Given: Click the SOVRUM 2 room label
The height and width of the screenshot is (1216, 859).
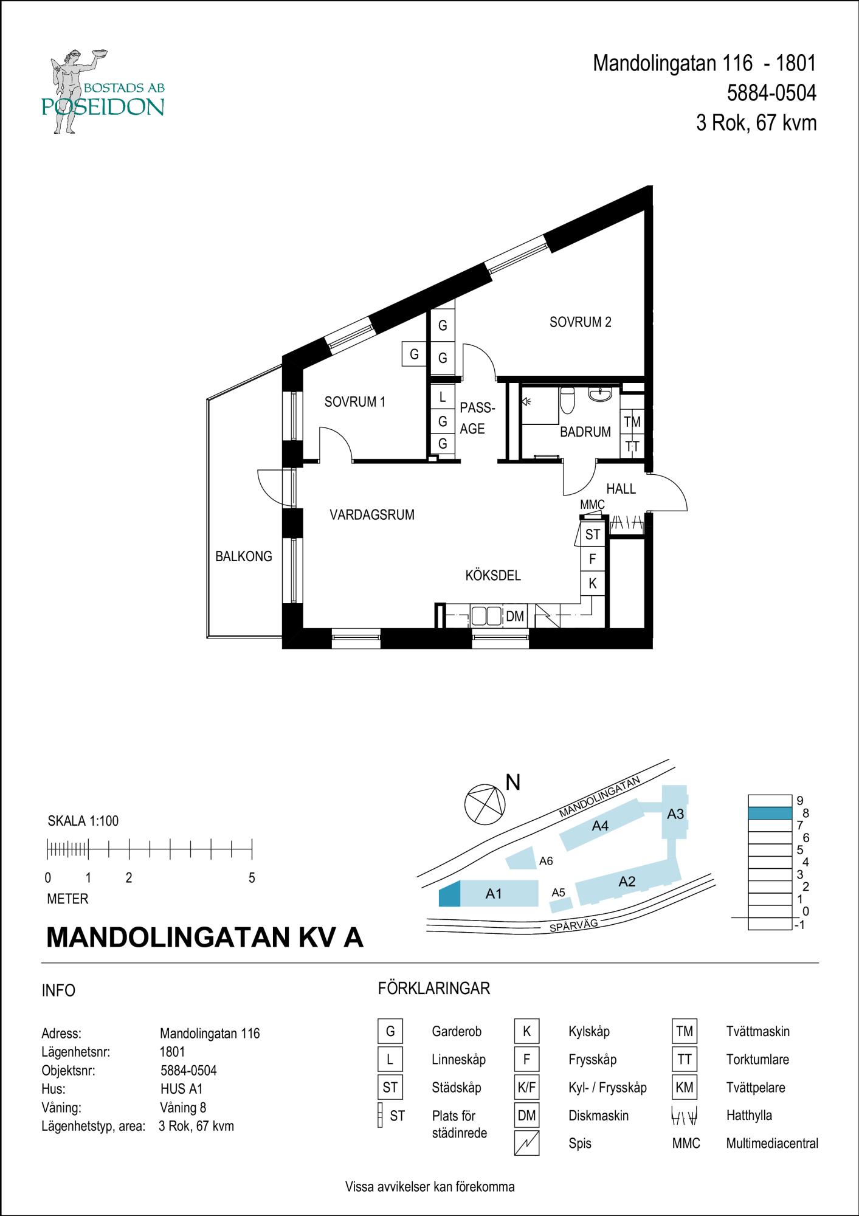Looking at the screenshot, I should pyautogui.click(x=580, y=322).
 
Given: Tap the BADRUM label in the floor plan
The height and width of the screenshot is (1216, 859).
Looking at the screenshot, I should pyautogui.click(x=585, y=432).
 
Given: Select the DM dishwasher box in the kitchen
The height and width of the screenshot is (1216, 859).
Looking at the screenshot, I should pyautogui.click(x=515, y=616).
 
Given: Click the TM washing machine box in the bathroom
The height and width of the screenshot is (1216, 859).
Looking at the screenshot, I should pyautogui.click(x=632, y=421).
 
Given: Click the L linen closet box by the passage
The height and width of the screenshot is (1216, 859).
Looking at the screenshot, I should pyautogui.click(x=443, y=398).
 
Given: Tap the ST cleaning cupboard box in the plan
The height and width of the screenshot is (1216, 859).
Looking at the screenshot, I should pyautogui.click(x=592, y=534).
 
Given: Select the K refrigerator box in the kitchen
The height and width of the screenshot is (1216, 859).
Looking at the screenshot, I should pyautogui.click(x=592, y=584).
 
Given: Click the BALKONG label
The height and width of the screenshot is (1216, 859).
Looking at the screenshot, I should pyautogui.click(x=243, y=556).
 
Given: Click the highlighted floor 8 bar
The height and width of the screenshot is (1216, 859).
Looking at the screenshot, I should pyautogui.click(x=770, y=813).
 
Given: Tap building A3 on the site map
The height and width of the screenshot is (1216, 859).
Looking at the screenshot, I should pyautogui.click(x=675, y=814).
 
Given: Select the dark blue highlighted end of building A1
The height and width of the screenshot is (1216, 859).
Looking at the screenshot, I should pyautogui.click(x=449, y=894).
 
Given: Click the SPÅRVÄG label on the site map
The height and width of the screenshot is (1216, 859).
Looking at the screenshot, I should pyautogui.click(x=573, y=926).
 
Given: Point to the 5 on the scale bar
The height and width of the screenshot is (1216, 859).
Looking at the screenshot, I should pyautogui.click(x=252, y=878).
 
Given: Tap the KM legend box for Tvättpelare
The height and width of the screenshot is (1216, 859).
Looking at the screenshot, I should pyautogui.click(x=684, y=1087).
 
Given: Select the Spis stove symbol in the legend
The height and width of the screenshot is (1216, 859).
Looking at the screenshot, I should pyautogui.click(x=526, y=1143).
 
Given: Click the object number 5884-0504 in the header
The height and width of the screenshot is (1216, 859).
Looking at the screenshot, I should pyautogui.click(x=771, y=93).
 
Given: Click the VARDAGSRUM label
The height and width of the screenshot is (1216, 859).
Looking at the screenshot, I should pyautogui.click(x=371, y=515).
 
